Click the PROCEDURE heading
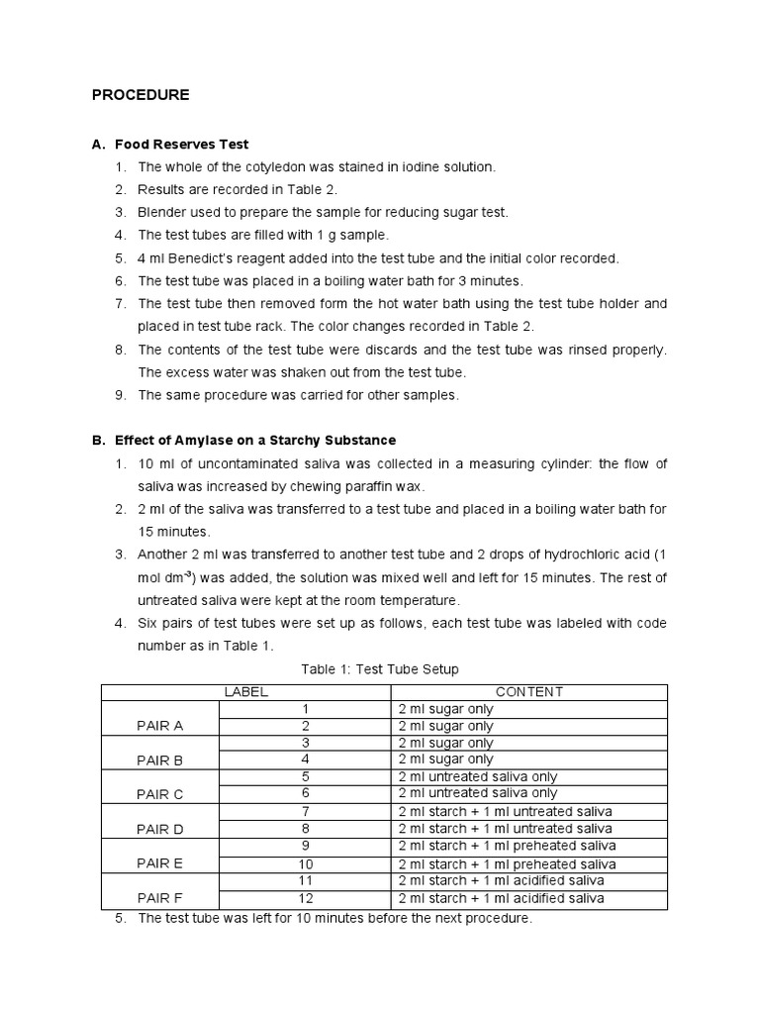[x=140, y=95]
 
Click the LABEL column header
[x=245, y=692]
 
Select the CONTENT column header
[x=528, y=692]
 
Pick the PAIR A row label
[x=159, y=726]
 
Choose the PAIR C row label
[x=159, y=794]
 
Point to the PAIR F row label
[x=159, y=897]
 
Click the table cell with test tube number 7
[x=306, y=812]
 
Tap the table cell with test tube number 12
[x=306, y=898]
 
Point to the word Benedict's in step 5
[x=204, y=258]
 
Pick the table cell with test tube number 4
[x=306, y=760]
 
